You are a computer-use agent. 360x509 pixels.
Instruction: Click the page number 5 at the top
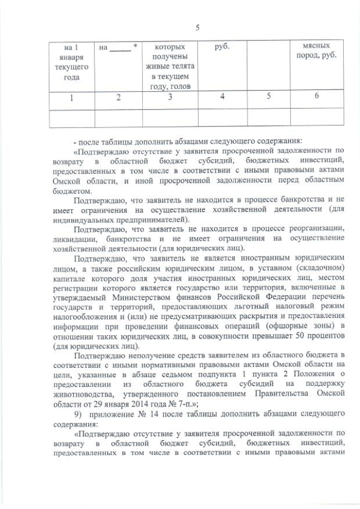coord(197,28)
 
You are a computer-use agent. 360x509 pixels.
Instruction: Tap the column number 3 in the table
coord(170,97)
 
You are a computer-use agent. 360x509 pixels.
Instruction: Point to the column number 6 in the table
coord(317,96)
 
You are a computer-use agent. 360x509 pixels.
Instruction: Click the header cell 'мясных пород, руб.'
coord(317,52)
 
